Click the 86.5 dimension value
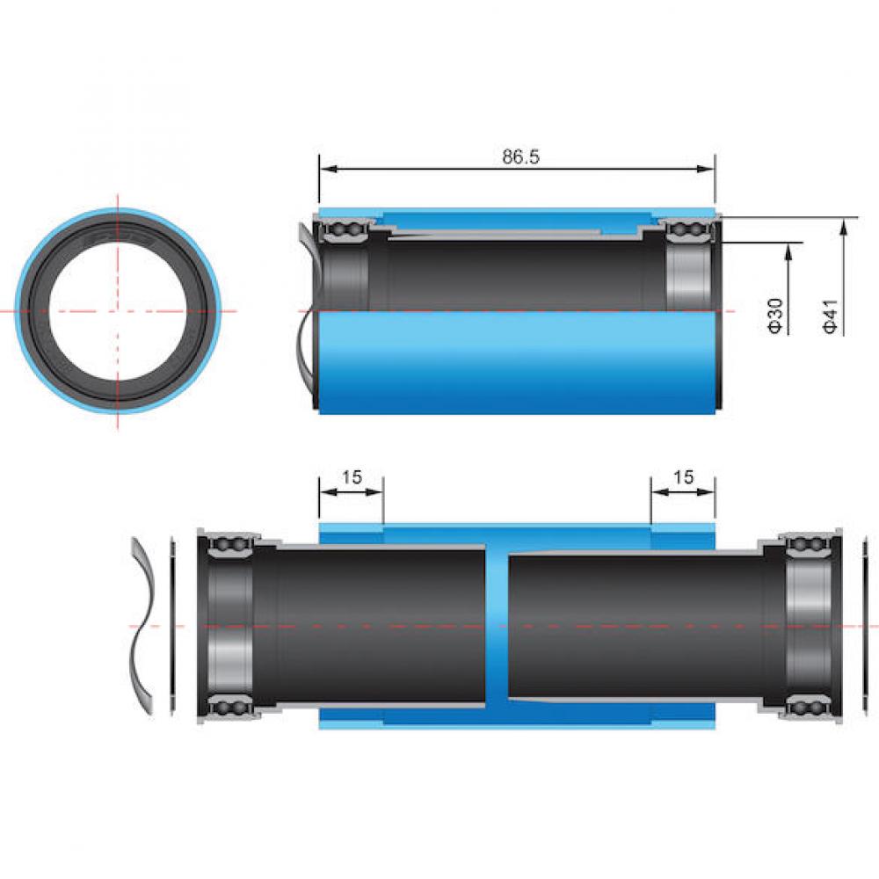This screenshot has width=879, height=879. tap(520, 157)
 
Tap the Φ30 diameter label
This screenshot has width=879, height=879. tap(774, 316)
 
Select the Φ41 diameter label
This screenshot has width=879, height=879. tap(831, 316)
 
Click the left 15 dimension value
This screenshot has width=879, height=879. tap(352, 477)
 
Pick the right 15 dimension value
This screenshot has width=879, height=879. tap(683, 477)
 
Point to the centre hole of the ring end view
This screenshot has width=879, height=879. tap(118, 311)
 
